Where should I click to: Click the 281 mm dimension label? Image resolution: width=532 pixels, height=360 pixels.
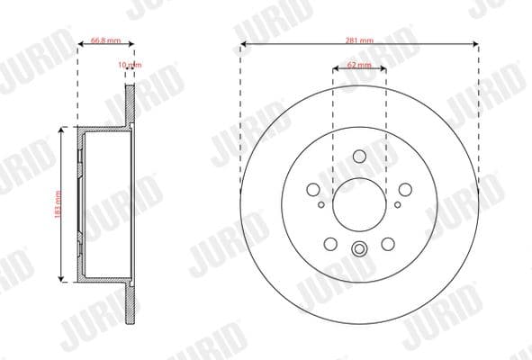click(359, 40)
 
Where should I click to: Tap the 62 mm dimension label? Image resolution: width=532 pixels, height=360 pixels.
click(359, 65)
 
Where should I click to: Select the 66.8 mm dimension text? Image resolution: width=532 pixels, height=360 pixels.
click(106, 40)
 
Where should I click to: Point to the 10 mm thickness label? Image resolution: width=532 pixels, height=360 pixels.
click(130, 65)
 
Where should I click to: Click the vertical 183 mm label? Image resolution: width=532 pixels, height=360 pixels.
click(58, 204)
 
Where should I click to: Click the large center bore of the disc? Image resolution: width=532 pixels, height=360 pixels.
click(359, 204)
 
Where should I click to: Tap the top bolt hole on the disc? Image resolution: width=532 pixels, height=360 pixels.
click(359, 157)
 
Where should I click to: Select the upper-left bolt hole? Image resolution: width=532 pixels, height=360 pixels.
click(313, 190)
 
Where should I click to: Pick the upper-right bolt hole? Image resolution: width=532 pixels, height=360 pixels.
click(405, 190)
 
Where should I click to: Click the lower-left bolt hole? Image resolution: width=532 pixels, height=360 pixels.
click(330, 244)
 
